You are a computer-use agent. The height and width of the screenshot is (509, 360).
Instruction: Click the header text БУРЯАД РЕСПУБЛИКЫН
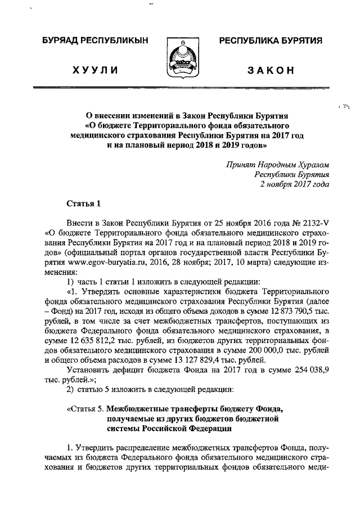pyautogui.click(x=96, y=41)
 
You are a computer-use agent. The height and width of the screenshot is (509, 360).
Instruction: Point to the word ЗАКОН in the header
pyautogui.click(x=271, y=70)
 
